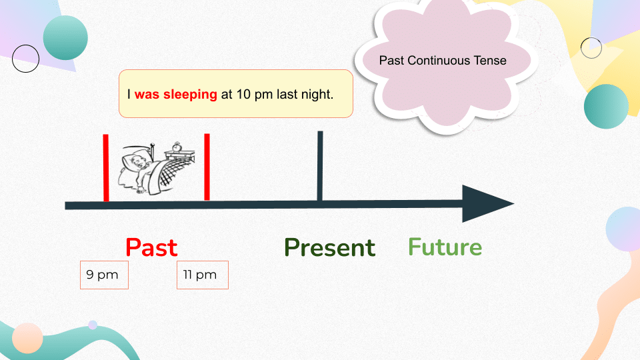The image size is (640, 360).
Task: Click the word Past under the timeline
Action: tap(151, 247)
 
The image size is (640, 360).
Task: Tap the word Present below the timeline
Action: tap(329, 247)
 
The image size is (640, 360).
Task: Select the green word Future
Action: tap(445, 247)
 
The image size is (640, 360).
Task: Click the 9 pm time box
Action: tap(104, 275)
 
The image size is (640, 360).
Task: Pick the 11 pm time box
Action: tap(202, 275)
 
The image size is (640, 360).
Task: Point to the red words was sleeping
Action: tap(175, 94)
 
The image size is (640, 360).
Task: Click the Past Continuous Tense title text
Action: tap(443, 61)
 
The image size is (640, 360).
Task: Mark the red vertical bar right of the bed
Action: tap(207, 167)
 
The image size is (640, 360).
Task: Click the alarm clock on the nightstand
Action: tap(177, 147)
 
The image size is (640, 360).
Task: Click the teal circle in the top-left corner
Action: tap(65, 38)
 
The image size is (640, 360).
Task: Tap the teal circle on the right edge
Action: tap(606, 107)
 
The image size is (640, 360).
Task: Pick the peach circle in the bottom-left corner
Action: tap(28, 337)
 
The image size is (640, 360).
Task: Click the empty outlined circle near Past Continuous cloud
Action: tap(591, 47)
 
